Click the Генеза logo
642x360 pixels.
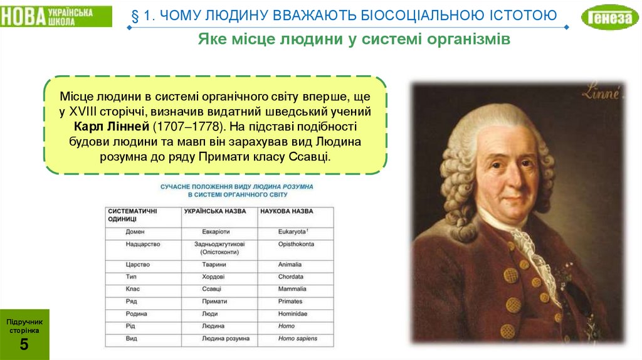click(x=609, y=18)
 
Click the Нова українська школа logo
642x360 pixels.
click(x=56, y=16)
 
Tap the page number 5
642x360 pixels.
click(x=24, y=344)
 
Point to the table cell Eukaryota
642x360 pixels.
click(x=293, y=231)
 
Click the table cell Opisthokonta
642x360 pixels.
click(x=296, y=244)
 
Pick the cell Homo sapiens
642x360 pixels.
click(x=298, y=339)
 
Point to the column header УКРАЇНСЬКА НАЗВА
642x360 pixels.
click(x=215, y=211)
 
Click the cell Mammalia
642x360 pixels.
click(x=292, y=289)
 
